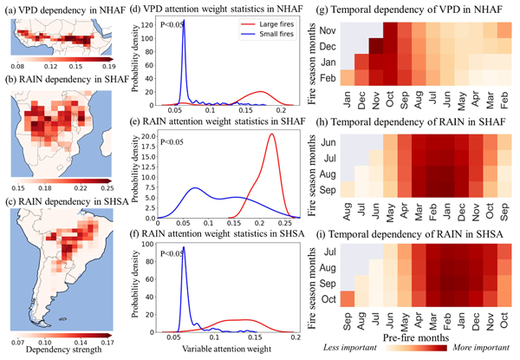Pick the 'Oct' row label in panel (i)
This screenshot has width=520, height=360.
tap(328, 298)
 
